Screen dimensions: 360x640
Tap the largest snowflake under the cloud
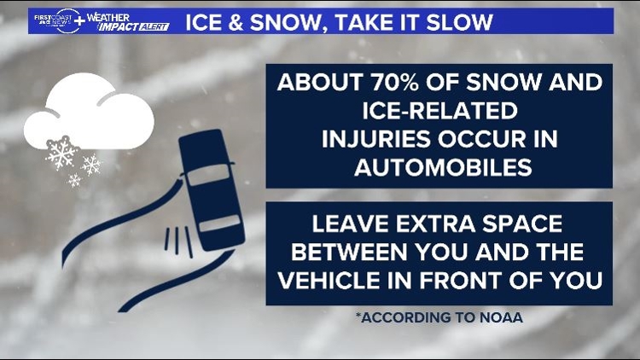[x=61, y=153]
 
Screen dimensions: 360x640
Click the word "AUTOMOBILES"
[x=439, y=167]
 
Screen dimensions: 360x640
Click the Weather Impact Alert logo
[x=126, y=21]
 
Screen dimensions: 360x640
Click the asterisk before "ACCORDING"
[x=358, y=316]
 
